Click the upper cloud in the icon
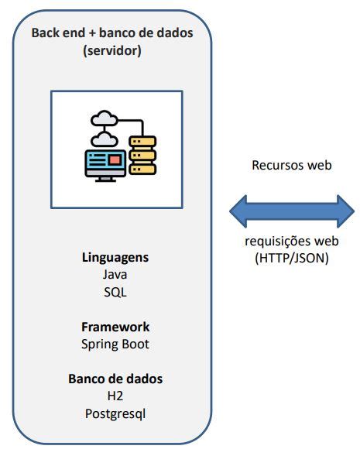(x=101, y=119)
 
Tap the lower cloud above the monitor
(x=101, y=139)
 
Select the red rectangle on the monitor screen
(x=115, y=160)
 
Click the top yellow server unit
(x=142, y=142)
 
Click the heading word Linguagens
(x=115, y=256)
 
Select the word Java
(x=115, y=274)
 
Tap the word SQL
(x=115, y=292)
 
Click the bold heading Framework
(x=115, y=326)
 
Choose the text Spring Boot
(x=115, y=344)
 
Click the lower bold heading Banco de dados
(x=115, y=379)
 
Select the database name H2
(x=115, y=396)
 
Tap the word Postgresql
(x=115, y=413)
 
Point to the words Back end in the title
(x=57, y=33)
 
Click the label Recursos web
(x=291, y=165)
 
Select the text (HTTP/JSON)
(x=291, y=259)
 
